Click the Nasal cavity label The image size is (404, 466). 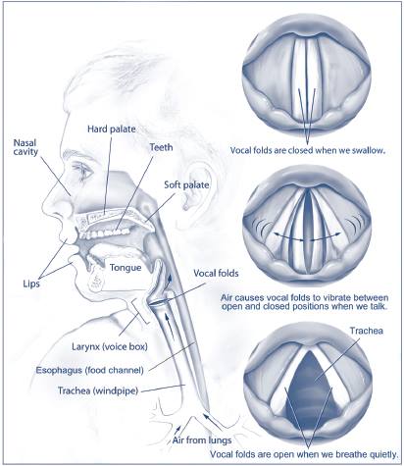click(x=25, y=147)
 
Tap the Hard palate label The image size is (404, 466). click(x=112, y=129)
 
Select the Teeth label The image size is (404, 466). click(x=161, y=147)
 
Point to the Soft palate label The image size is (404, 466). click(x=186, y=184)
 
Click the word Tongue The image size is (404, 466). click(x=126, y=268)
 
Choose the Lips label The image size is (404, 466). click(x=31, y=284)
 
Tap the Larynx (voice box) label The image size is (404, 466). click(x=110, y=346)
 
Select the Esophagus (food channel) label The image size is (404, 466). click(x=89, y=370)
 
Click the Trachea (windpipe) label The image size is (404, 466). click(x=98, y=390)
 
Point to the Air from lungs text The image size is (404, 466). click(x=202, y=440)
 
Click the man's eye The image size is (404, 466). click(x=84, y=170)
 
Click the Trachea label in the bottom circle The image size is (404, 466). click(x=367, y=331)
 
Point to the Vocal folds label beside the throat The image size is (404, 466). click(x=216, y=273)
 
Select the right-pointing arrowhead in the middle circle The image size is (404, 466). click(x=338, y=234)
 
